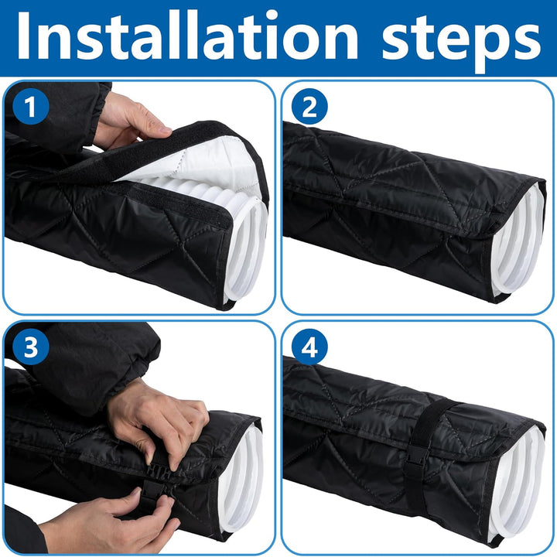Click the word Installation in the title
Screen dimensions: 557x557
click(x=187, y=36)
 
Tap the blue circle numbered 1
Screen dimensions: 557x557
click(x=30, y=106)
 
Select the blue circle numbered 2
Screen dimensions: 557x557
click(x=309, y=106)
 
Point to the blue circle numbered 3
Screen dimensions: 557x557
click(x=30, y=347)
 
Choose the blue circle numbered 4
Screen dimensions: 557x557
click(x=309, y=347)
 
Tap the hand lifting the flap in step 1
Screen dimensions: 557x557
click(x=128, y=122)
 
